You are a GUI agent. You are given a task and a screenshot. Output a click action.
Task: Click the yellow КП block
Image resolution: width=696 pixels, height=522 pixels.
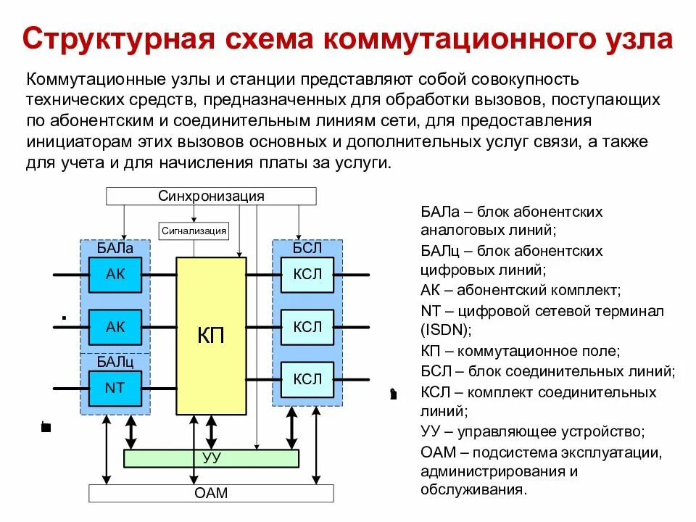pos(211,336)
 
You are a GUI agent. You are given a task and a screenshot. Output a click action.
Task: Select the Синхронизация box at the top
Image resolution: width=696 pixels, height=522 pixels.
pos(211,196)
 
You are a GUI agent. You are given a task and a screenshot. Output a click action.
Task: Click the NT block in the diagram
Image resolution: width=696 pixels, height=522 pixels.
pos(115,388)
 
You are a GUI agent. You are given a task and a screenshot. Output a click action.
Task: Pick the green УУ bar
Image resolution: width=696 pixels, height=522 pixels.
pos(211,458)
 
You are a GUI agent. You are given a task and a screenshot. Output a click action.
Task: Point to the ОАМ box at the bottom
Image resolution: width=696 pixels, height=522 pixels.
pos(211,493)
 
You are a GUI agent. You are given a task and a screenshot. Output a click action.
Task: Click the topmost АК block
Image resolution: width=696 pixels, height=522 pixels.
pos(115,274)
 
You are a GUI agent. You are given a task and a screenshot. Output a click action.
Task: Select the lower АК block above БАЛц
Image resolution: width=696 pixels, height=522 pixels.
pos(115,327)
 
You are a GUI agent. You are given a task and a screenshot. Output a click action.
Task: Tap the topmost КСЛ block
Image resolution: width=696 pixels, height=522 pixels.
pos(307,274)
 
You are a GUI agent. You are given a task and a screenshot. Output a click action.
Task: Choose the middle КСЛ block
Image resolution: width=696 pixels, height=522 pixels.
pos(307,327)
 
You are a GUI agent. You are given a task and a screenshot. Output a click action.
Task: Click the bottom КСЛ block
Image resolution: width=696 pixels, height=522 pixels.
pos(307,379)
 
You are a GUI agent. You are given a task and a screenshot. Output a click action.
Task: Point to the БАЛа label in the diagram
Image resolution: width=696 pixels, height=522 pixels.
pos(115,249)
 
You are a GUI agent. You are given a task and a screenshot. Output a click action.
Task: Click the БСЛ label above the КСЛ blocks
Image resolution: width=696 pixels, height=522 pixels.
pos(307,249)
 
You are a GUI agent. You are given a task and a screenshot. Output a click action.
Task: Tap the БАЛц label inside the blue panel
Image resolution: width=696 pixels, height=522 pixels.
pos(115,361)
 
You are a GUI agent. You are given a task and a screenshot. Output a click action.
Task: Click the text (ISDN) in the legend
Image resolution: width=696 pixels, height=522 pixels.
pos(446,330)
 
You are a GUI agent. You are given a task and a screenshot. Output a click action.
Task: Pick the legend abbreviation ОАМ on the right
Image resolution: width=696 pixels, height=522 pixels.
pos(438,452)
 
